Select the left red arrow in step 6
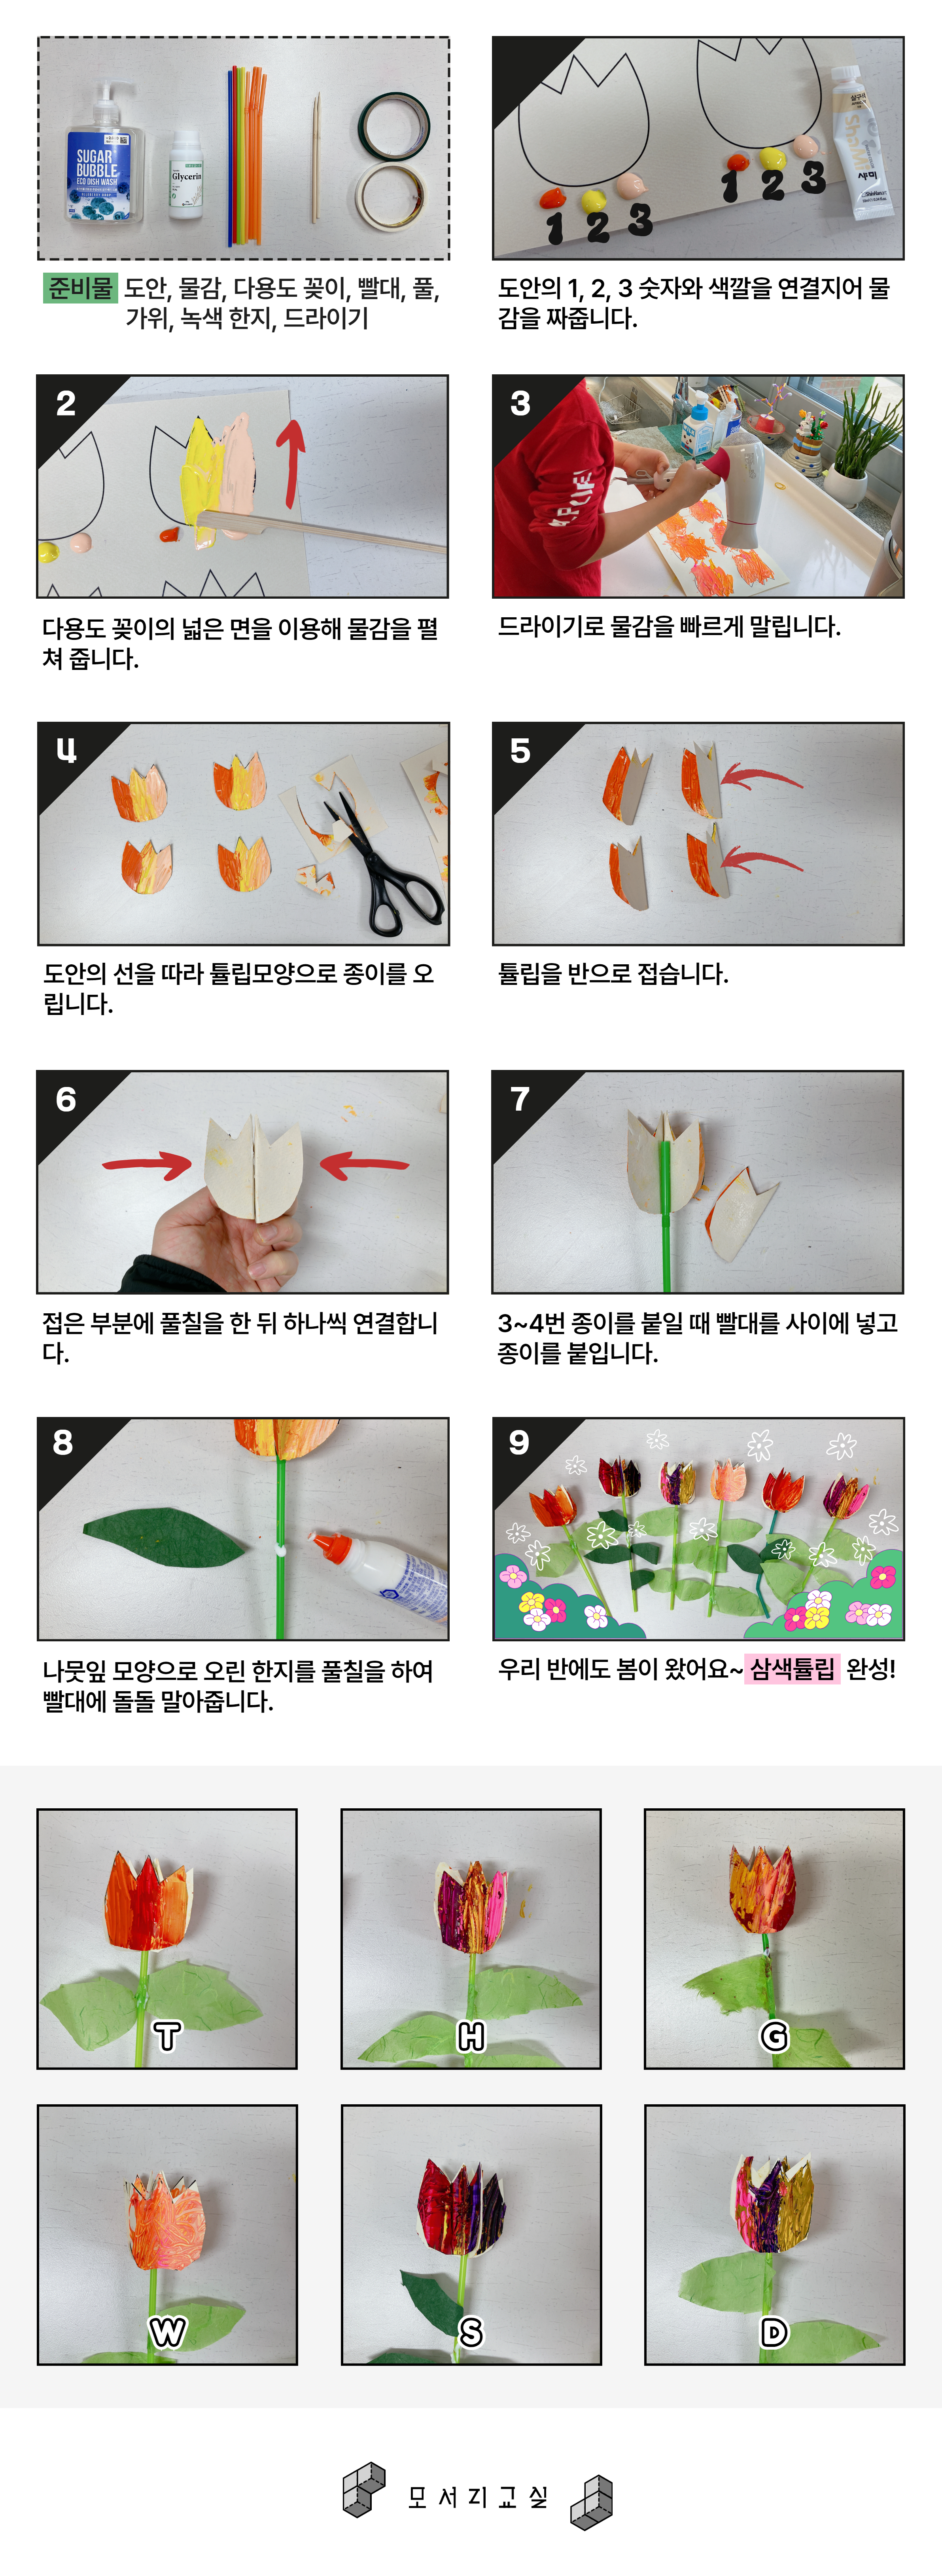148,1163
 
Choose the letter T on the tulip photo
168,2035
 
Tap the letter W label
168,2331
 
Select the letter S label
471,2331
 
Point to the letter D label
774,2331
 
